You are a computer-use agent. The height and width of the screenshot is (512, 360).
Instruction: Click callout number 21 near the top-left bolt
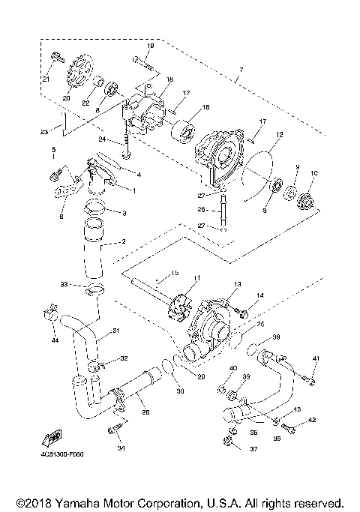(46, 79)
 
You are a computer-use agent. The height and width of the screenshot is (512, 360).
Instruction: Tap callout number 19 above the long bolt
(149, 46)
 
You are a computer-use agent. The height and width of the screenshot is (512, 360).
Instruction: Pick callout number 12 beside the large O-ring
(279, 135)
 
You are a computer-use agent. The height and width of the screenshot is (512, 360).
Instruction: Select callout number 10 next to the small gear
(313, 174)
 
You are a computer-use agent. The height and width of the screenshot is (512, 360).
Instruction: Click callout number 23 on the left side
(44, 133)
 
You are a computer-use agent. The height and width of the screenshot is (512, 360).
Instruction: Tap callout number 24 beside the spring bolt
(103, 139)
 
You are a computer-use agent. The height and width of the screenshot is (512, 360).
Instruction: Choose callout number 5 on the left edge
(53, 150)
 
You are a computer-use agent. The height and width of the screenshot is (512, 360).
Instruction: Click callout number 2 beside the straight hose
(124, 244)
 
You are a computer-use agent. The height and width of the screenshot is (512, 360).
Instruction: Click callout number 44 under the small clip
(55, 340)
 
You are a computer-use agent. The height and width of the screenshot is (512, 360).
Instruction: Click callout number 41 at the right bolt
(316, 359)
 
